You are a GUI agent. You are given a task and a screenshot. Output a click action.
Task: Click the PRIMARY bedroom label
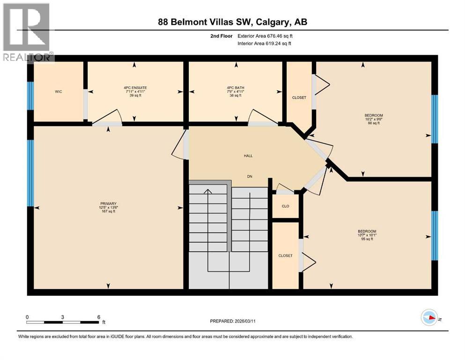[x=108, y=204]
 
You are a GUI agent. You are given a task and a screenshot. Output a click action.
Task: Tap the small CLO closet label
[x=285, y=206]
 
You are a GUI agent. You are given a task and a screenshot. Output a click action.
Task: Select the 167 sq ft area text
[x=108, y=212]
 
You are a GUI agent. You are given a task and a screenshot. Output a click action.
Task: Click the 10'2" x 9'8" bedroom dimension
[x=374, y=119]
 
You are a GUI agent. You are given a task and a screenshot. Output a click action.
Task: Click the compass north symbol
[x=429, y=318]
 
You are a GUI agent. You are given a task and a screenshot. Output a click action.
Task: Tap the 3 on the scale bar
[x=62, y=317]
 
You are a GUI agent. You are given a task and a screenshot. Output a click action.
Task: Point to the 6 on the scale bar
[x=98, y=317]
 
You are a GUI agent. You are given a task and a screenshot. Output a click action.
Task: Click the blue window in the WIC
[x=30, y=96]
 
